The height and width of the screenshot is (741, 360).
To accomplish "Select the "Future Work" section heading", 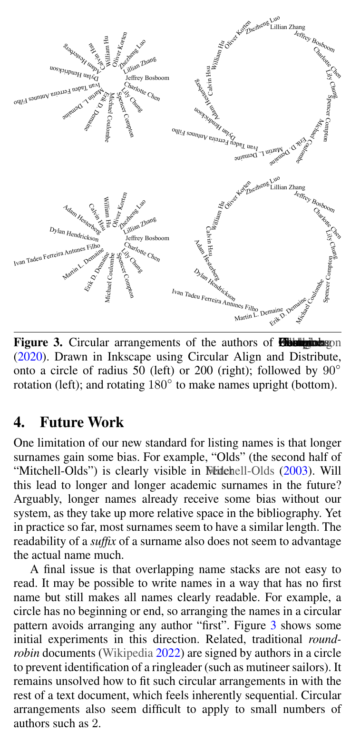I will [x=82, y=422].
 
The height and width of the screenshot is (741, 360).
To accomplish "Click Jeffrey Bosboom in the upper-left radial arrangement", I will [x=147, y=78].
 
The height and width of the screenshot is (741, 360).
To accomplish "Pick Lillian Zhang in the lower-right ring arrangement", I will [x=288, y=187].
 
